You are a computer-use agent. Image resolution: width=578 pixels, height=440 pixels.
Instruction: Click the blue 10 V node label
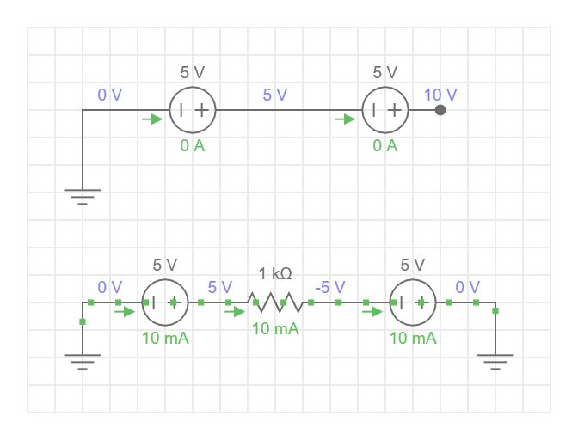coord(440,95)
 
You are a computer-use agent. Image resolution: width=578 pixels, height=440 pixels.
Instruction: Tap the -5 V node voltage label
coord(330,287)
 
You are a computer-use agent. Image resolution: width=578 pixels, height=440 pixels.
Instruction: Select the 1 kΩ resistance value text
coord(275,273)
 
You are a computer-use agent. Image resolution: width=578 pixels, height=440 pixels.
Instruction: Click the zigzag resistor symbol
coord(275,302)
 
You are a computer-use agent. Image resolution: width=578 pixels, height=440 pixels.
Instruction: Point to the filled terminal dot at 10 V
coord(440,110)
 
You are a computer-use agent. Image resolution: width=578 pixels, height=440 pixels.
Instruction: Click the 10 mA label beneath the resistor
coord(275,329)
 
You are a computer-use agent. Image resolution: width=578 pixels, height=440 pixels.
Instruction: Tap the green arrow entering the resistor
coord(235,312)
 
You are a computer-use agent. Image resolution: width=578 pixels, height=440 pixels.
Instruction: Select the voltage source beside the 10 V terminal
coord(385,110)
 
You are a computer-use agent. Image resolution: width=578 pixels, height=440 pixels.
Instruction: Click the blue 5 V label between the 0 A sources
coord(275,95)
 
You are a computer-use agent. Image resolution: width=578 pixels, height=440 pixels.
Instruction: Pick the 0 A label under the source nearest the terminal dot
coord(385,146)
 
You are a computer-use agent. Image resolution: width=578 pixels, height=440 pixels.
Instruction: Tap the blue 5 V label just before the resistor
coord(220,287)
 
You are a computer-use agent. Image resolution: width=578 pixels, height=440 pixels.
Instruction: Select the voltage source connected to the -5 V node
coord(413,302)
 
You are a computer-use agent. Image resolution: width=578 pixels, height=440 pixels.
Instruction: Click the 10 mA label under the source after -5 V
coord(413,339)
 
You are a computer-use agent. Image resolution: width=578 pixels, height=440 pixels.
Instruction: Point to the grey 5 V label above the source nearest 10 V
coord(385,73)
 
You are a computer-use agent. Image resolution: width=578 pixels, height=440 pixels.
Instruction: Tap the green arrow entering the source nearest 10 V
coord(345,119)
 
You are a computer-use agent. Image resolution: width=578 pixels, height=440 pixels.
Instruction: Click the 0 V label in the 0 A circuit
coord(110,95)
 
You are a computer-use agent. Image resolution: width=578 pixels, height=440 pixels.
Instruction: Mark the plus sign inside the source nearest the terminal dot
coord(394,110)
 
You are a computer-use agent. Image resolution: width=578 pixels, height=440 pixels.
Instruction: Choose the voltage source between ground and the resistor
coord(165,302)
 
